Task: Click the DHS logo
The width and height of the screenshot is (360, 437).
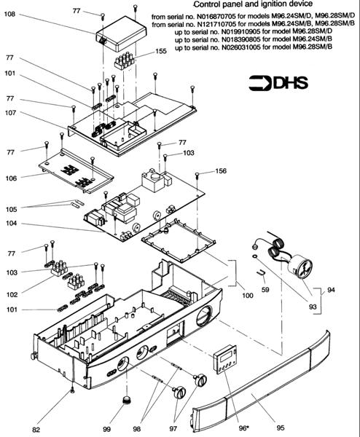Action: pyautogui.click(x=278, y=83)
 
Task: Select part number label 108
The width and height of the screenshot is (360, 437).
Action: pyautogui.click(x=9, y=13)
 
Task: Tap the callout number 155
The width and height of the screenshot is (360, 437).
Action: pyautogui.click(x=161, y=51)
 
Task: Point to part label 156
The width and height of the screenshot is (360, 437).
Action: pyautogui.click(x=221, y=170)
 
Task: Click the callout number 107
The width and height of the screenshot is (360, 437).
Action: pyautogui.click(x=11, y=113)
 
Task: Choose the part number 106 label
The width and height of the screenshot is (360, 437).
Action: pyautogui.click(x=11, y=178)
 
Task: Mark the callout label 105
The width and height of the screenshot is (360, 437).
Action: pyautogui.click(x=11, y=209)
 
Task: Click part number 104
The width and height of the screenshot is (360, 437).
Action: pyautogui.click(x=11, y=224)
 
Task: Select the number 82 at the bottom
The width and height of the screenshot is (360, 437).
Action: pyautogui.click(x=36, y=430)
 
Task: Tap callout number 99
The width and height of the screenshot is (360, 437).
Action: pyautogui.click(x=106, y=429)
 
